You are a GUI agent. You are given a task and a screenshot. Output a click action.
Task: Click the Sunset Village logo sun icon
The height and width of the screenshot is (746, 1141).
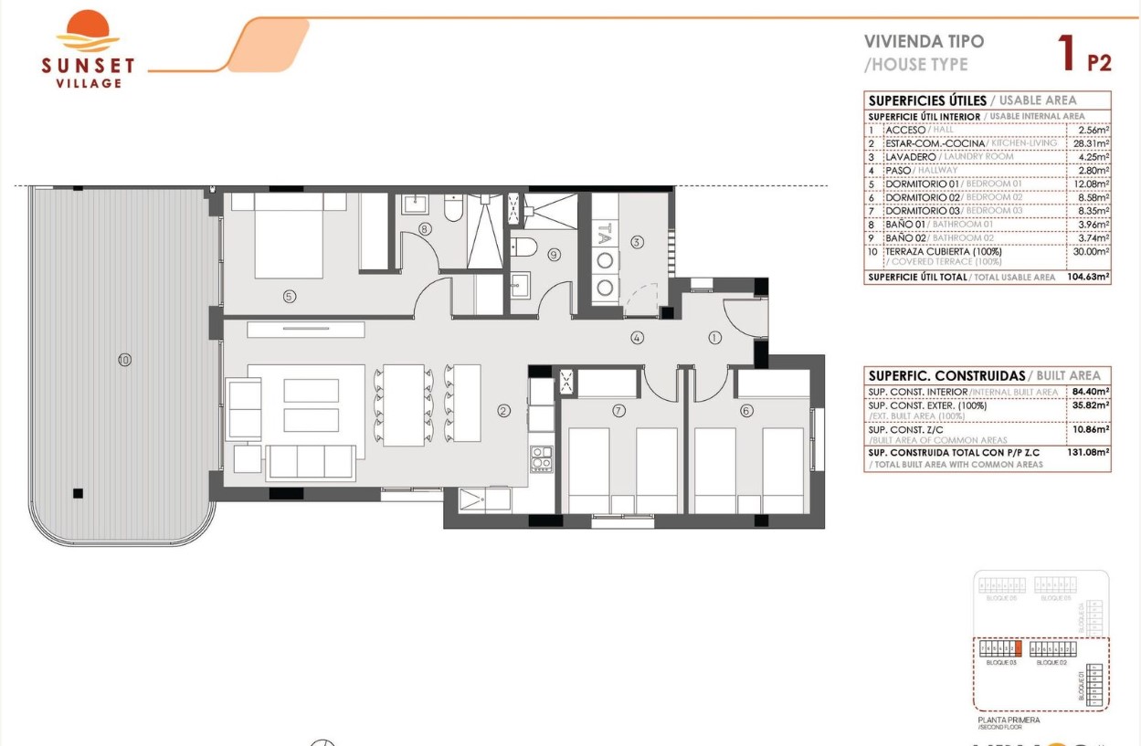click(88, 31)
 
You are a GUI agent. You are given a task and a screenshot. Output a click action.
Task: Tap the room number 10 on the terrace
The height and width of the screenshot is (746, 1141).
click(124, 360)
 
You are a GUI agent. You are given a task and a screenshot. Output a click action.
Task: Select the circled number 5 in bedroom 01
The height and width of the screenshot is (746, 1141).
click(289, 296)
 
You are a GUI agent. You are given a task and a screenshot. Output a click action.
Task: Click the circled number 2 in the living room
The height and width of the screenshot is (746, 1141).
click(503, 411)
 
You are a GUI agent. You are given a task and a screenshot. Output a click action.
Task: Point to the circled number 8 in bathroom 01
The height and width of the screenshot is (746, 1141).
click(424, 229)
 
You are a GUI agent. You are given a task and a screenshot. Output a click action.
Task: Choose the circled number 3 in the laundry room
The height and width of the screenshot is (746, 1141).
click(637, 242)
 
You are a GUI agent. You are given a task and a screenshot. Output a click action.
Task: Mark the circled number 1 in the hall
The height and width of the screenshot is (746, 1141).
click(714, 338)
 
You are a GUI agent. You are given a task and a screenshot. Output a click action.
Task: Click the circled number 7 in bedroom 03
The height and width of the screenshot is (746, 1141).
click(619, 411)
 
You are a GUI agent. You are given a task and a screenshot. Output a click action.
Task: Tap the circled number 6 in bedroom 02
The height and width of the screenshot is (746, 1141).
click(746, 411)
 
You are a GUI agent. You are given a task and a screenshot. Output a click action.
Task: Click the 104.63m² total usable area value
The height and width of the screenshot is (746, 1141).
click(1087, 277)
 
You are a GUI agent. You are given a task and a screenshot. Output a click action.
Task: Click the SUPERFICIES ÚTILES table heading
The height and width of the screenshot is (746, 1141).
click(927, 100)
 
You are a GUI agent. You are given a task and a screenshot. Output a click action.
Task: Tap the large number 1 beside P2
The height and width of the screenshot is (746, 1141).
click(1065, 53)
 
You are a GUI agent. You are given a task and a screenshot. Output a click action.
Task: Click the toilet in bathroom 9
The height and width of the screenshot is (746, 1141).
click(524, 247)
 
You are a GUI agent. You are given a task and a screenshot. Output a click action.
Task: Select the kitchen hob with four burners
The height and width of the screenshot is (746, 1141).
click(542, 457)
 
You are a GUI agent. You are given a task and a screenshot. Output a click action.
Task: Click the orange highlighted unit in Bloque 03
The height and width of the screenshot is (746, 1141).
click(1017, 649)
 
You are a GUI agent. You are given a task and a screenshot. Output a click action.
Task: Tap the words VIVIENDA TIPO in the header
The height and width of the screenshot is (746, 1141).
click(924, 42)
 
